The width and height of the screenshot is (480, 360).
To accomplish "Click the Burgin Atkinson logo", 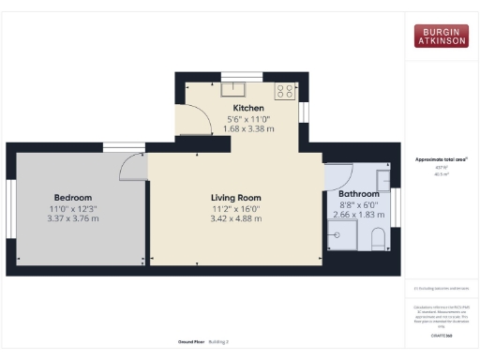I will click(442, 37).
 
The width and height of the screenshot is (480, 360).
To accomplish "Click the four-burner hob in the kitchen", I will click(285, 91).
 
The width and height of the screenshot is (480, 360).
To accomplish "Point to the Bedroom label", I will click(72, 197).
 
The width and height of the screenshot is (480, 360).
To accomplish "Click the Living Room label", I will click(235, 197).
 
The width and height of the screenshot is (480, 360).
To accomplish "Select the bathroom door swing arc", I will click(337, 172).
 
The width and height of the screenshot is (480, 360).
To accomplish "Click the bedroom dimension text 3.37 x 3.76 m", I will click(72, 218).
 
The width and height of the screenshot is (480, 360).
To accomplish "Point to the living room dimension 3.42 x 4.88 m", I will click(235, 218).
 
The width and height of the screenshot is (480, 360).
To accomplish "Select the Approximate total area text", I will click(441, 159).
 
